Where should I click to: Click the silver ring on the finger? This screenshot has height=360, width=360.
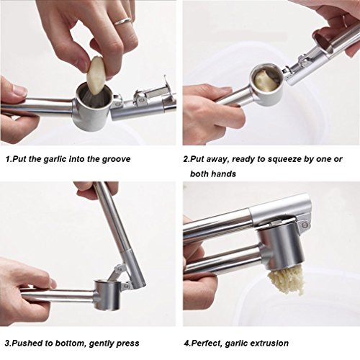click(123, 21)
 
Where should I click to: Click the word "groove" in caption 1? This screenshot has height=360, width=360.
click(116, 159)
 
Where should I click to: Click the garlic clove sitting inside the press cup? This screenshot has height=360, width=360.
click(266, 80)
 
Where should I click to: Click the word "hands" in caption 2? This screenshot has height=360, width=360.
click(223, 174)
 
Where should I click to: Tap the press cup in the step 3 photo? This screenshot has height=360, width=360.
click(107, 294)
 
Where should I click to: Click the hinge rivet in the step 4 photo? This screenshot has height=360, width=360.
click(305, 225)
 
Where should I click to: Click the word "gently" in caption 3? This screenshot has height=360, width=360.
click(101, 343)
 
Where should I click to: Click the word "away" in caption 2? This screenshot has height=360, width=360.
click(217, 160)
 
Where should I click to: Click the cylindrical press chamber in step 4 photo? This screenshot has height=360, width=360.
click(282, 248)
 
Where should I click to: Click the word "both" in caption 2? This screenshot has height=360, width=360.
click(199, 174)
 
